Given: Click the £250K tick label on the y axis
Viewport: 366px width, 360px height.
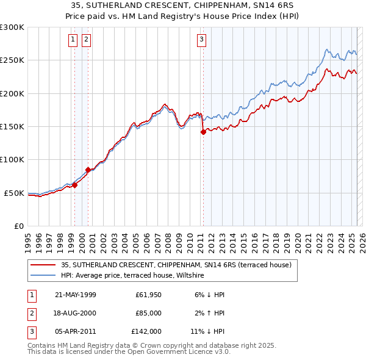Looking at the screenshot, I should click(x=12, y=60).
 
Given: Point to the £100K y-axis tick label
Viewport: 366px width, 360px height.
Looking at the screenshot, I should click(x=12, y=159).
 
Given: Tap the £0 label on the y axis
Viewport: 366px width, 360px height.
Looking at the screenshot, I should click(x=18, y=226).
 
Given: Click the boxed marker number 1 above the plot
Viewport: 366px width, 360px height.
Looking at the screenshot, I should click(x=73, y=40).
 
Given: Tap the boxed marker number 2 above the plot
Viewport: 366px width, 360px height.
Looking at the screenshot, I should click(x=86, y=40).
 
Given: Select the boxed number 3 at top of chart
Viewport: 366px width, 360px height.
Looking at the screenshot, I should click(x=201, y=40).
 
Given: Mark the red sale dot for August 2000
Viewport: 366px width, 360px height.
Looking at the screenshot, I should click(x=88, y=170).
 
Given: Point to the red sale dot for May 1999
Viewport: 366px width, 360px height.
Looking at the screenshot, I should click(x=75, y=185).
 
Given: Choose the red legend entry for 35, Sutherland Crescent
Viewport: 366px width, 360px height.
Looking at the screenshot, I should click(x=176, y=265).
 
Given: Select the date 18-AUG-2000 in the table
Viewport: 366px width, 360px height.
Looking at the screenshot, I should click(x=75, y=313).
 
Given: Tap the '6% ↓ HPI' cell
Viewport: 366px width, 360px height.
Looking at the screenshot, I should click(x=207, y=295).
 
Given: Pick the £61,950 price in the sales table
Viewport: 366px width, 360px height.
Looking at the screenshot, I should click(x=148, y=295).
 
